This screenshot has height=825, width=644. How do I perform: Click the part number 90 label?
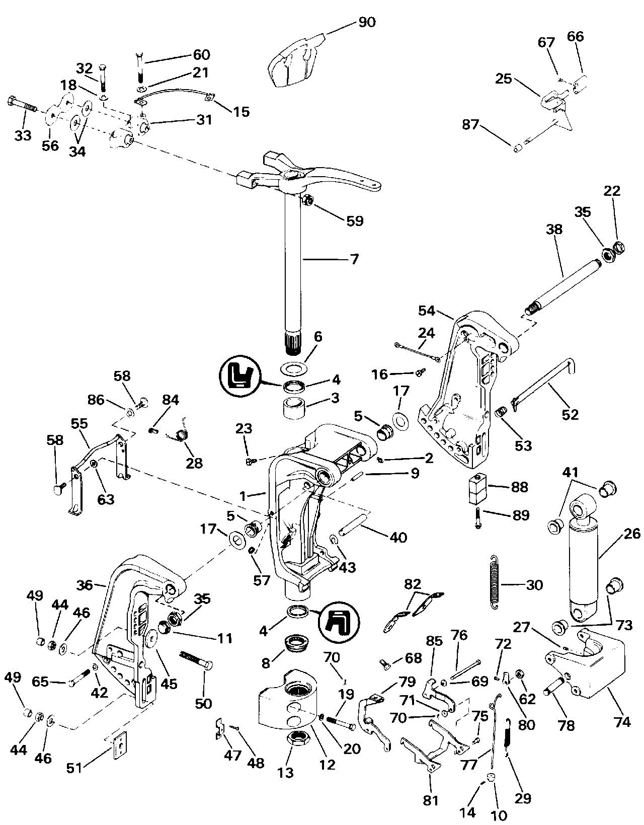367,22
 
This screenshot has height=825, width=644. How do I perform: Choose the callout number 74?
622,722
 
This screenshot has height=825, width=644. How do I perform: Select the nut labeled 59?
308,201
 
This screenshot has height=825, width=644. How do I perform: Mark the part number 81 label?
431,800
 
